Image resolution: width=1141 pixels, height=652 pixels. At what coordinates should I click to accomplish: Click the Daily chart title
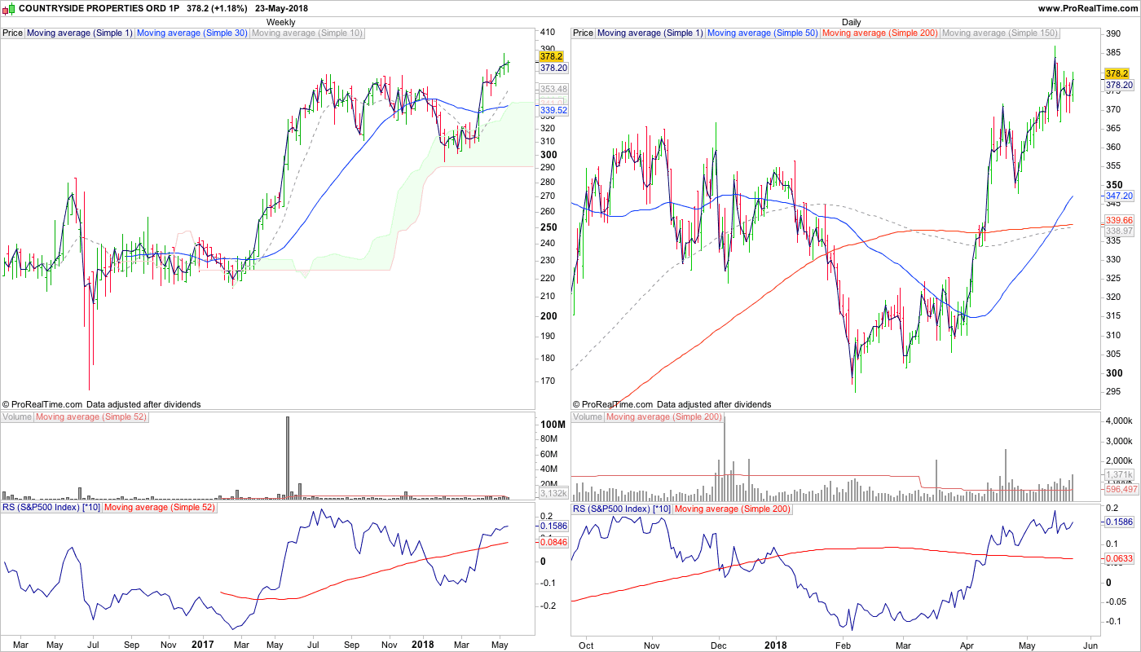point(851,22)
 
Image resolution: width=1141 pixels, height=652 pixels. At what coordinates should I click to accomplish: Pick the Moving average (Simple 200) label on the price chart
point(880,33)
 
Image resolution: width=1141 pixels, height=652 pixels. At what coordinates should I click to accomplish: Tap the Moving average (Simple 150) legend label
point(999,33)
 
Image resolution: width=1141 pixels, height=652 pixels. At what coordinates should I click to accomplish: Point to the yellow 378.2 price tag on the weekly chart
point(552,56)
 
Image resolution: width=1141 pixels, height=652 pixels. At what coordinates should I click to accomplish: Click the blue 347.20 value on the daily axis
point(1119,196)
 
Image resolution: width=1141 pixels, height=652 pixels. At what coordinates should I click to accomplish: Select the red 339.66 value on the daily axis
point(1119,220)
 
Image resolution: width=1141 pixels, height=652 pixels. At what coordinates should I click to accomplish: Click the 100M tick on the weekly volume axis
point(553,425)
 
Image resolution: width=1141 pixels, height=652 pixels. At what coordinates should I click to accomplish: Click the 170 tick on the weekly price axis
point(548,381)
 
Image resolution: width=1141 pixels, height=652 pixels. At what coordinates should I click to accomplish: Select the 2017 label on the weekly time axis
point(202,644)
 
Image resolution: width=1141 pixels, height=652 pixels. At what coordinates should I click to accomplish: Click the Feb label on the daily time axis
point(843,644)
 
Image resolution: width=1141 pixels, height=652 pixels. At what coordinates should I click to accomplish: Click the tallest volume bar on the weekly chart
point(287,456)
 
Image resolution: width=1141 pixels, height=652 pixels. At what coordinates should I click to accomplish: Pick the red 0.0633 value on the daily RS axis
point(1119,558)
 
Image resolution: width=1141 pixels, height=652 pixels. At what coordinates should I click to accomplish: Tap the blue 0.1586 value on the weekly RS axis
point(553,526)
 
